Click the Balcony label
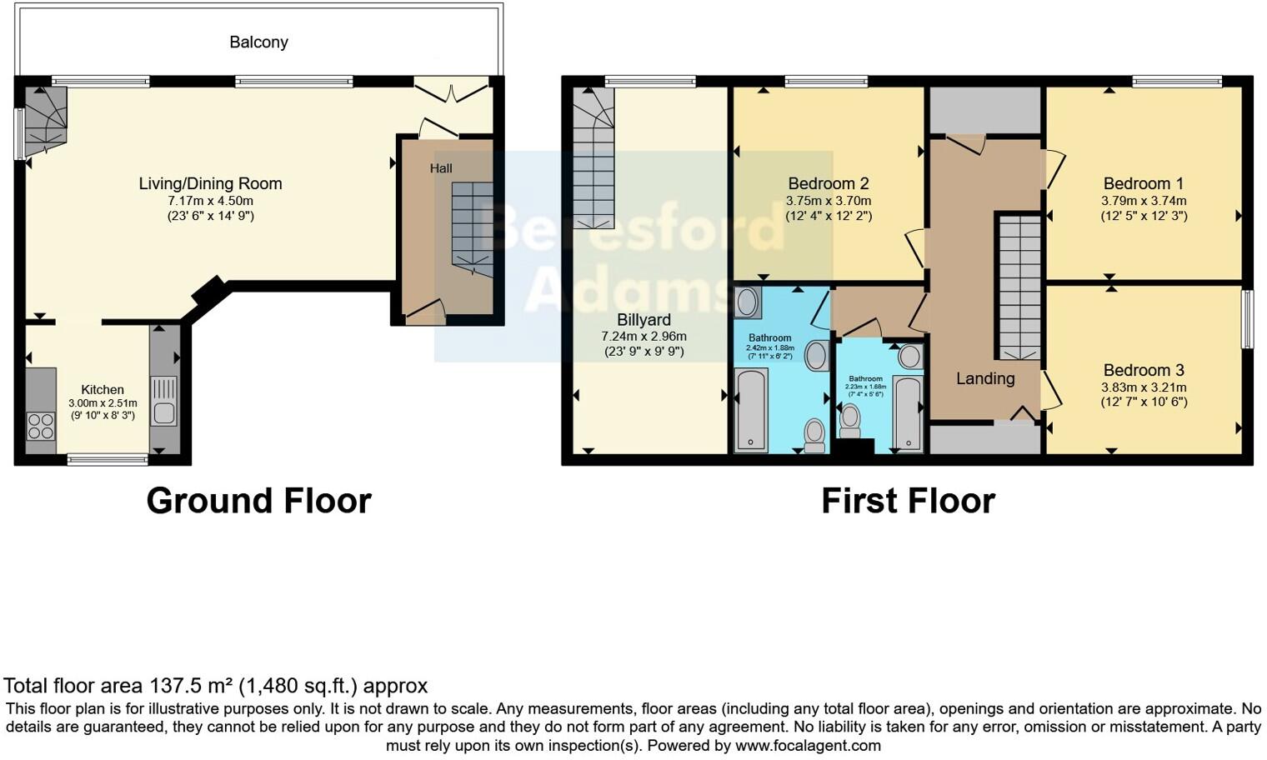(258, 42)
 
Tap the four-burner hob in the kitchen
(41, 426)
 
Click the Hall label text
(441, 168)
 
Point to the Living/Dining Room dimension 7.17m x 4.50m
(210, 201)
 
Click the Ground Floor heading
(258, 501)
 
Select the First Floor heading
(908, 501)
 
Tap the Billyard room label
(644, 320)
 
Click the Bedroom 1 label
(1143, 183)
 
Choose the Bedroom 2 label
(828, 183)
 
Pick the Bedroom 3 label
(1143, 370)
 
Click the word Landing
(984, 378)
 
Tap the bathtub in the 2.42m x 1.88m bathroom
(751, 411)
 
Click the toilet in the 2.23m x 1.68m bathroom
(850, 420)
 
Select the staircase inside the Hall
(473, 225)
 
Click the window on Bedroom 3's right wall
(1247, 318)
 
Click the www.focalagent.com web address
(808, 745)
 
